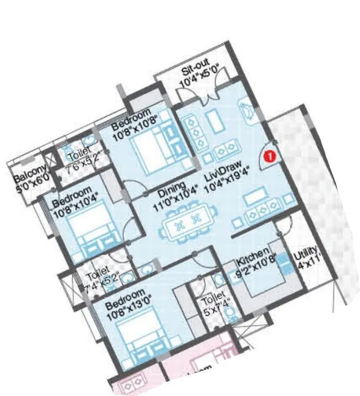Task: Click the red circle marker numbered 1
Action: (269, 156)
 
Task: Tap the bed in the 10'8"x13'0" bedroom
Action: (137, 335)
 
